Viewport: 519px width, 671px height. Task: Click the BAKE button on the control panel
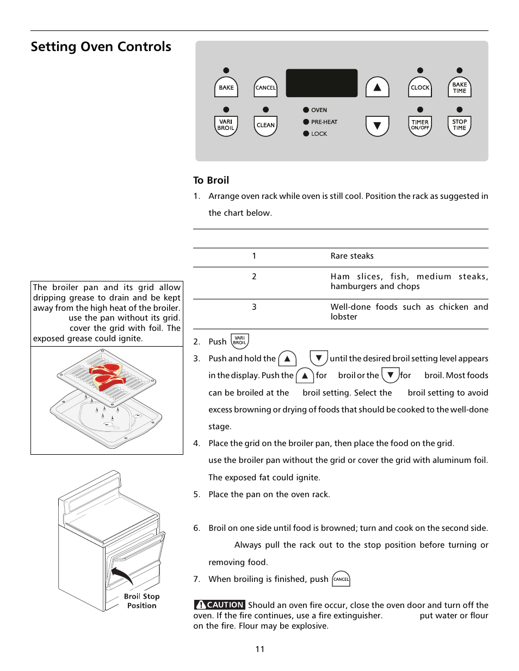click(x=226, y=87)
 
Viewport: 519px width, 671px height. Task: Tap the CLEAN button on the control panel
click(x=265, y=126)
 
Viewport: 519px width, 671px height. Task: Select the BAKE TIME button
click(x=459, y=87)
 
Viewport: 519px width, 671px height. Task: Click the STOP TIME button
click(x=459, y=126)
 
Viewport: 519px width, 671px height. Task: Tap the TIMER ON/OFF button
click(x=420, y=126)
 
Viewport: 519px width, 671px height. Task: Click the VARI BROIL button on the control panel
click(x=226, y=126)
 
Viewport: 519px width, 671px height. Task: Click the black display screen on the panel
click(x=322, y=83)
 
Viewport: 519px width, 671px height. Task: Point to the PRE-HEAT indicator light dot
click(x=306, y=122)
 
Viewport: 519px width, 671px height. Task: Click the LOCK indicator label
click(x=319, y=134)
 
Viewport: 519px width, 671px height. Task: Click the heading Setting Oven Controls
click(x=101, y=47)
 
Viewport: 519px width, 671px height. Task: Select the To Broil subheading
click(x=211, y=180)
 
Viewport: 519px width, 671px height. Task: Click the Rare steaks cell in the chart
click(x=352, y=256)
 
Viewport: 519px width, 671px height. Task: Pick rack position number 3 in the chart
click(x=254, y=307)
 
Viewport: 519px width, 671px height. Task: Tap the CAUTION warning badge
click(x=219, y=605)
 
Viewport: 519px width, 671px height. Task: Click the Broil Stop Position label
click(x=141, y=601)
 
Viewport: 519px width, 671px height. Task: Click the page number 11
click(x=260, y=649)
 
